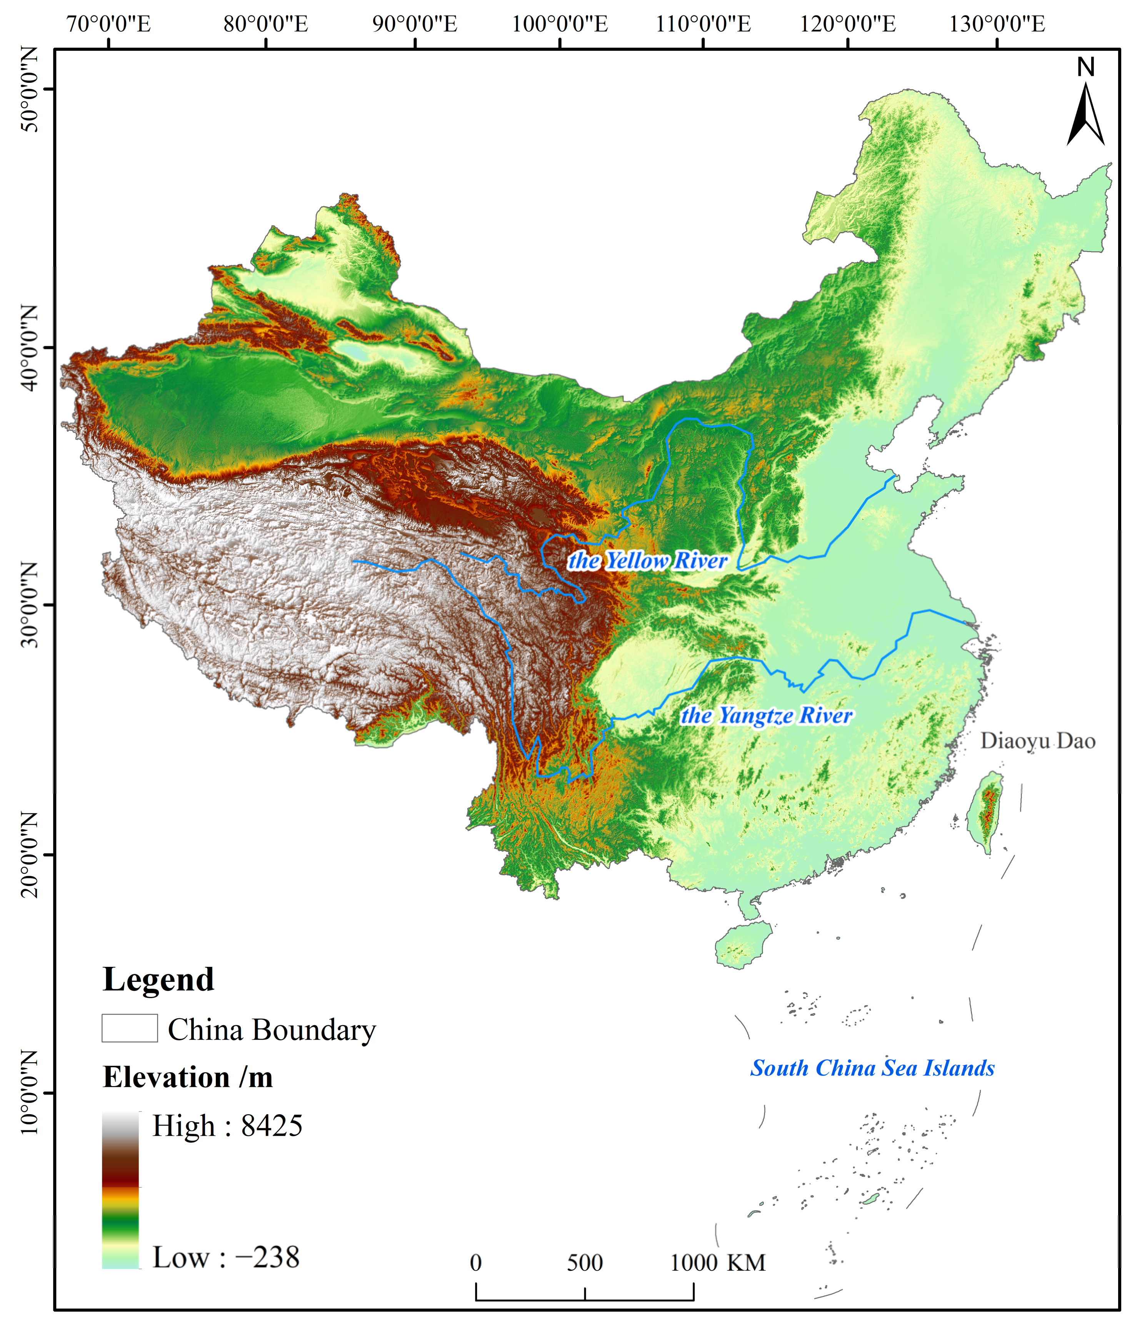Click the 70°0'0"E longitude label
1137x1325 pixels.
109,24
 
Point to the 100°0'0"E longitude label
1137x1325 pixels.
560,24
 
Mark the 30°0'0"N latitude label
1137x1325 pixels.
29,604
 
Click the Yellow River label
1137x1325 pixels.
648,561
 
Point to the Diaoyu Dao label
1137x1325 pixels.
1037,741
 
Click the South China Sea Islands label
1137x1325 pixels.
872,1068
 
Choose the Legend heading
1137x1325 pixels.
158,979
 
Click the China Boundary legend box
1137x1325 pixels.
129,1028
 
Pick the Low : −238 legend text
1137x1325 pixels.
226,1257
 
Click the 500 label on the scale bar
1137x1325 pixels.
585,1263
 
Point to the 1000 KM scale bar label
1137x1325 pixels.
717,1263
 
